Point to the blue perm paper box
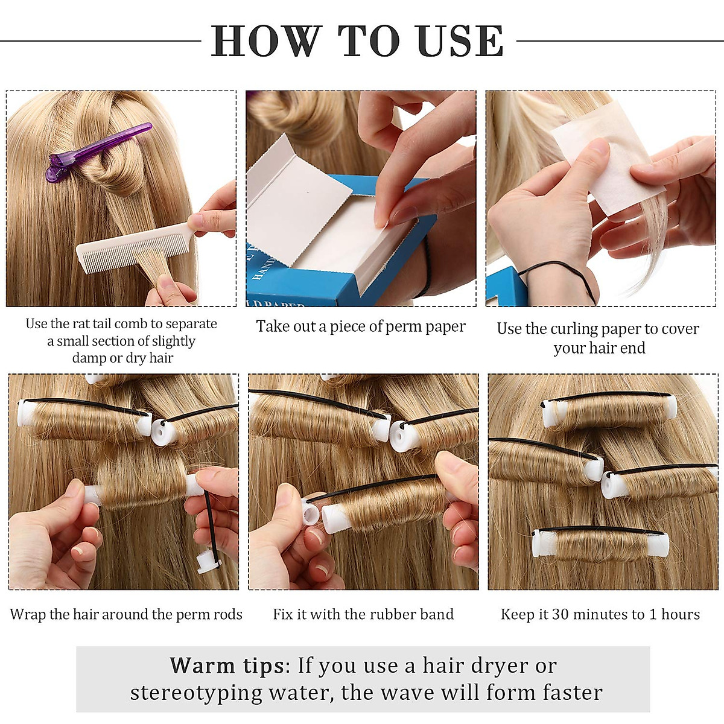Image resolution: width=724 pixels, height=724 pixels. click(x=338, y=278)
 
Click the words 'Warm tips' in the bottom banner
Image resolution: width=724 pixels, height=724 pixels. click(x=227, y=665)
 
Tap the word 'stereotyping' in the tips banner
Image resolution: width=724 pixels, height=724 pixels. click(x=196, y=693)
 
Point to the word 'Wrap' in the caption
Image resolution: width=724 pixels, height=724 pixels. click(x=28, y=614)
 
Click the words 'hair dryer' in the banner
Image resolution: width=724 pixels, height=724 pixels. click(x=474, y=665)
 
